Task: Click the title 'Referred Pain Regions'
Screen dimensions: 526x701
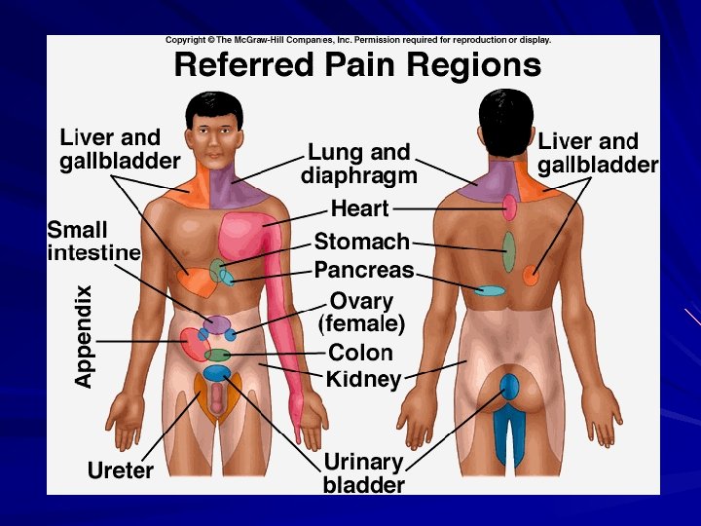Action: (356, 65)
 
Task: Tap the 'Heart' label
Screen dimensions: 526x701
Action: (359, 208)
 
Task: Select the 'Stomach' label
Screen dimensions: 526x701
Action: (361, 242)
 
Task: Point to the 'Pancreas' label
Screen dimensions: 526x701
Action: (364, 270)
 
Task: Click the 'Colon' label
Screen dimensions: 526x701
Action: (360, 353)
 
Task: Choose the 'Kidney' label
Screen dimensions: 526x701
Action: (363, 379)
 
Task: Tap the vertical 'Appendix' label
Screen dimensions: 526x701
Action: (85, 336)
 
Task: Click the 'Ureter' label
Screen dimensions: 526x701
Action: (121, 471)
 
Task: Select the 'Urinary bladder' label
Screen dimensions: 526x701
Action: (364, 472)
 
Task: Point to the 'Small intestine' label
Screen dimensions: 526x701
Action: (93, 242)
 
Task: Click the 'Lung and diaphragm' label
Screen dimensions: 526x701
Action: (358, 164)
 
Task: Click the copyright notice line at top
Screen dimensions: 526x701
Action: (357, 40)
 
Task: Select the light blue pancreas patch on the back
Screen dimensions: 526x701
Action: (490, 290)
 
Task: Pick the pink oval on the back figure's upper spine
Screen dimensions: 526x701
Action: (509, 207)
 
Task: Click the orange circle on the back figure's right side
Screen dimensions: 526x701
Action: (531, 276)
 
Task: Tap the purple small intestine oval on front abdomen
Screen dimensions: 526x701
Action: (216, 324)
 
